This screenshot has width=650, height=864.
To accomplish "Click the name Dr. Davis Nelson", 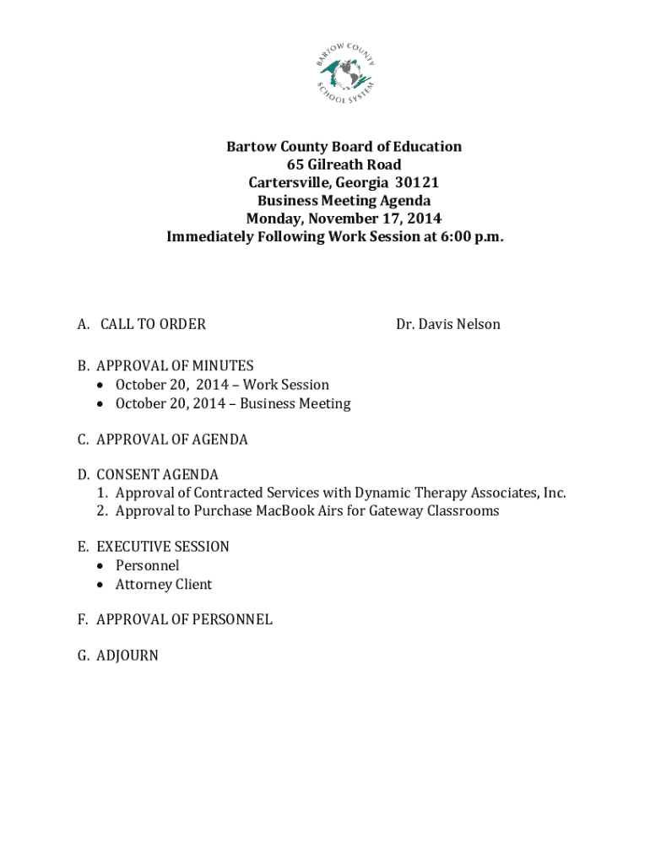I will (x=448, y=324).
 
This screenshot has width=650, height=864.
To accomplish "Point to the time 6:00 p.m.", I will (x=472, y=237).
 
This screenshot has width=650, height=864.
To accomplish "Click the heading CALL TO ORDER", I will (x=153, y=324).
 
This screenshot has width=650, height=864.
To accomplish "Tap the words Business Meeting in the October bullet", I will (x=295, y=403).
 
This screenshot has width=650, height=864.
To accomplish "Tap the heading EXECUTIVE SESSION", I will (x=163, y=547).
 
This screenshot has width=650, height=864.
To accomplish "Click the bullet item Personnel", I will (x=148, y=565).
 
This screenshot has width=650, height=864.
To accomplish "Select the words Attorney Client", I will (x=164, y=584).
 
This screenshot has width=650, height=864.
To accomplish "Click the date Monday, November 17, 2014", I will (x=344, y=219).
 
